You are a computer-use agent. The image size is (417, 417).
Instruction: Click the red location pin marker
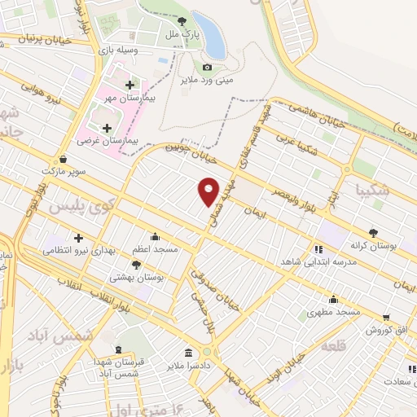[x=208, y=191]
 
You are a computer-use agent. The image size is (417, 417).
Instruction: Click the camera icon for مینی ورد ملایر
[x=207, y=67]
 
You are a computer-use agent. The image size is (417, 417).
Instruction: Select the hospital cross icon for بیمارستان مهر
[x=129, y=84]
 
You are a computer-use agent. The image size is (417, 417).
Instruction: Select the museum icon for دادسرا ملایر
[x=189, y=353]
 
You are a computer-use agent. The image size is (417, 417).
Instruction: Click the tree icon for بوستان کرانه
[x=374, y=231]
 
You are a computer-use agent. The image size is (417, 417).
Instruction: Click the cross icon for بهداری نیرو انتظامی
[x=78, y=238]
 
